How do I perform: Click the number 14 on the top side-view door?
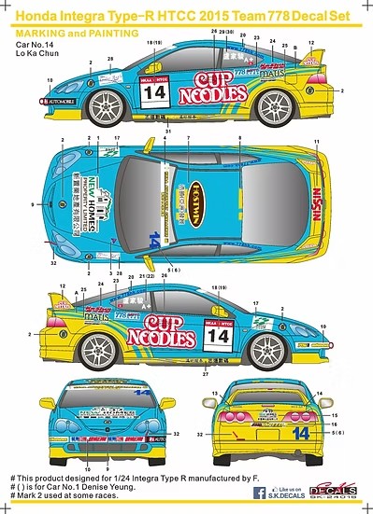coord(153,94)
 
